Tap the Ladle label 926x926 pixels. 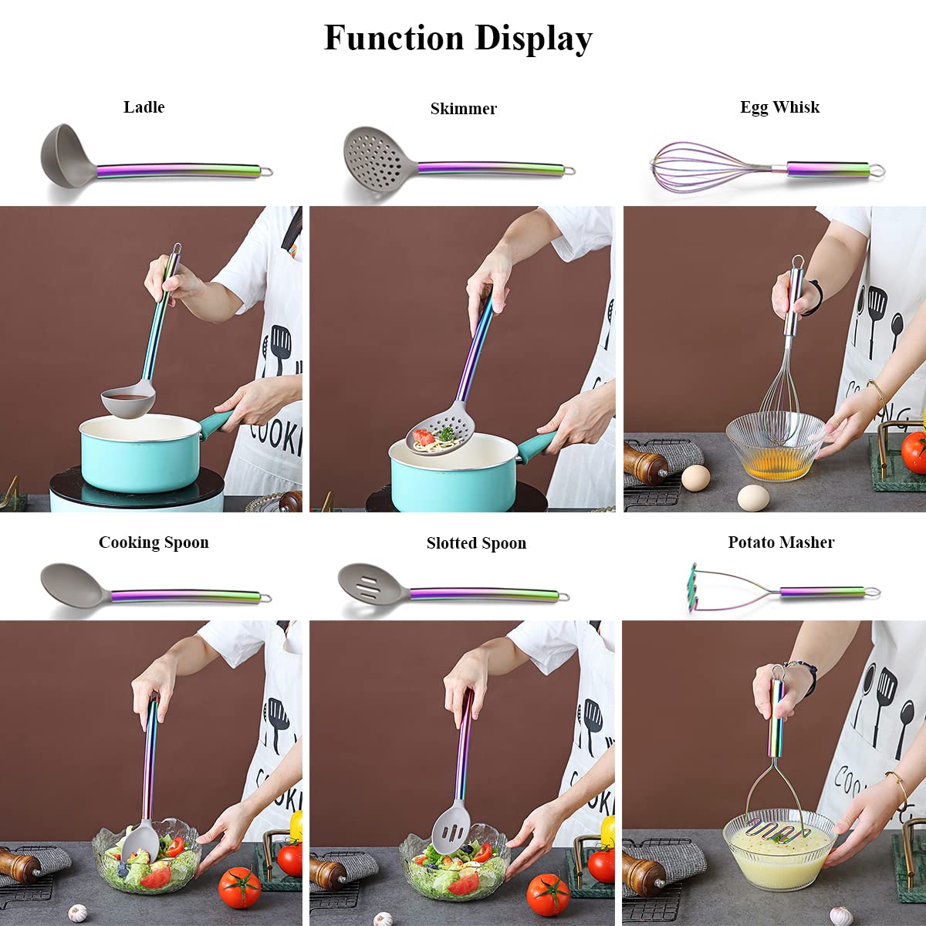pos(144,107)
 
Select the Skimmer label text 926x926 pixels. pos(463,109)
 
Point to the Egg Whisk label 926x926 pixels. pos(779,107)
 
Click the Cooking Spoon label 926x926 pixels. pos(154,542)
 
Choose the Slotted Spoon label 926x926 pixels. pos(476,543)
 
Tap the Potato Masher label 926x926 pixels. pos(781,542)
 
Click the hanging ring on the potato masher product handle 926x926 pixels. pos(872,593)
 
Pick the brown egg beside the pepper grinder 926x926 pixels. pos(695,478)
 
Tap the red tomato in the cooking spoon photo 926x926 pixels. pos(239,887)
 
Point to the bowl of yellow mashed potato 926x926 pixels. pos(778,847)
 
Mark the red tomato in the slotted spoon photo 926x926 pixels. pos(548,894)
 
